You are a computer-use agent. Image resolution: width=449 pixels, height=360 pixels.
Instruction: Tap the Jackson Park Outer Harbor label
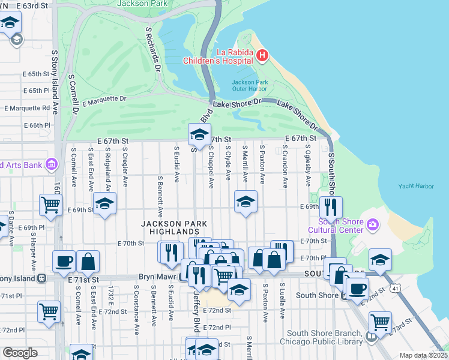point(249,85)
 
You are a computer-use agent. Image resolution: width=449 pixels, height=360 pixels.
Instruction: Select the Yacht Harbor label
point(416,187)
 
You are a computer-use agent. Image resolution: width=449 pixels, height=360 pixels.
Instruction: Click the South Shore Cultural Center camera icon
point(373,224)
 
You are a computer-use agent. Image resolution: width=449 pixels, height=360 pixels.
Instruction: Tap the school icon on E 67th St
point(199,134)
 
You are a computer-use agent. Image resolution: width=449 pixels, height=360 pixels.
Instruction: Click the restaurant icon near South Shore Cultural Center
point(331,207)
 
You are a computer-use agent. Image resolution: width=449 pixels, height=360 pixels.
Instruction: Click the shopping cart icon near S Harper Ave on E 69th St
point(50,204)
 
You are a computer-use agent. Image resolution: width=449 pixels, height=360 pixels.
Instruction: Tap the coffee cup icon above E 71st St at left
point(64,261)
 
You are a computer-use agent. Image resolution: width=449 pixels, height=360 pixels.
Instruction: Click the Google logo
point(20,353)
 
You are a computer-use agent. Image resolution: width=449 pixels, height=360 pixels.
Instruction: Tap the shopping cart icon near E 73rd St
point(381,322)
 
